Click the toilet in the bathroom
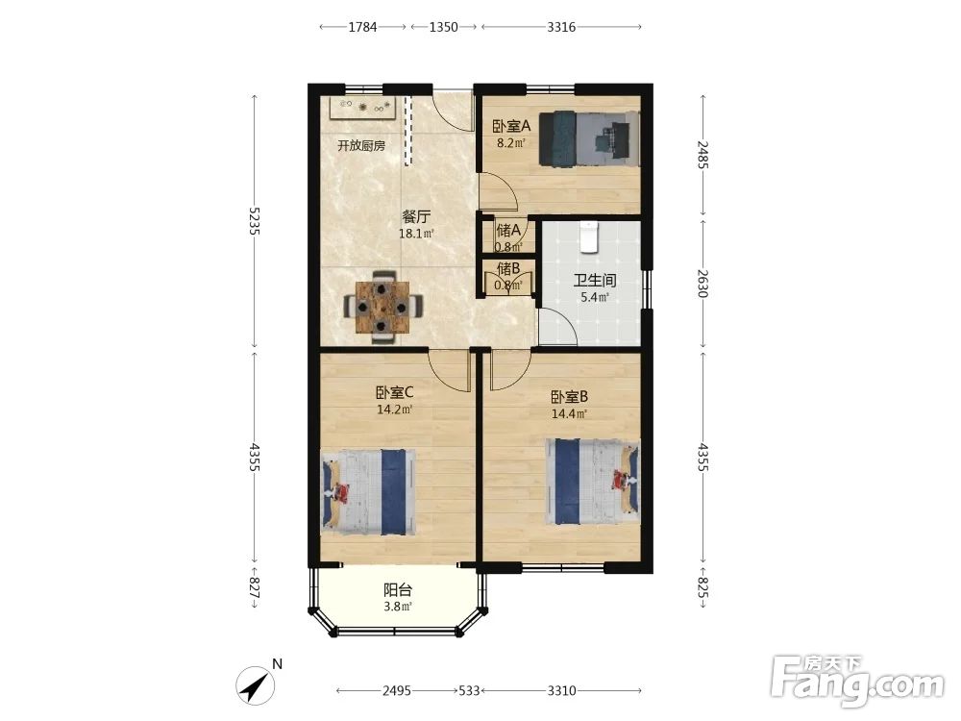(588, 236)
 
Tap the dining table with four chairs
(382, 306)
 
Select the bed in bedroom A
(589, 137)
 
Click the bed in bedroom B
(593, 482)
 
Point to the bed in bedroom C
(368, 492)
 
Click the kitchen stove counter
(365, 109)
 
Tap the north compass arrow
(257, 684)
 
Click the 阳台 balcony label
(398, 590)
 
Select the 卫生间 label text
(595, 281)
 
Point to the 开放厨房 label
(361, 146)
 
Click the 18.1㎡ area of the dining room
(416, 234)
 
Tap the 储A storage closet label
(508, 231)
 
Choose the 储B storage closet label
(508, 268)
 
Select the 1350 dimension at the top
(443, 27)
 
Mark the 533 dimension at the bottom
(469, 691)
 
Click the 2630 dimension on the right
(703, 284)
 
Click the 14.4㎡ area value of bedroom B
(569, 413)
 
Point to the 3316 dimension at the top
(561, 27)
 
